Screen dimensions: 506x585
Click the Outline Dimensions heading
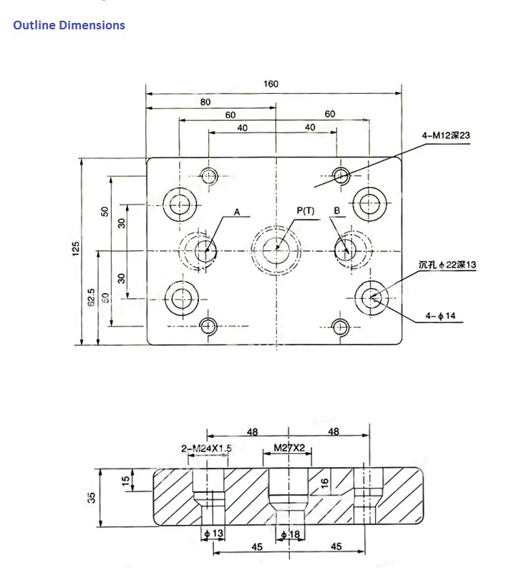tap(69, 25)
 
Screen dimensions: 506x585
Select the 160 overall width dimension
tap(271, 84)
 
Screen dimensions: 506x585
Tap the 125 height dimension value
tap(76, 249)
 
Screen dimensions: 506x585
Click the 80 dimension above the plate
tap(205, 102)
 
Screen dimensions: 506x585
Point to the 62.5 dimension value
tap(91, 298)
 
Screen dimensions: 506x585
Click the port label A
tap(237, 212)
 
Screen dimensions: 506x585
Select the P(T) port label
tap(306, 211)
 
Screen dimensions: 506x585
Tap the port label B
tap(337, 211)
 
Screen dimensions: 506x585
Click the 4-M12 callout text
tap(446, 135)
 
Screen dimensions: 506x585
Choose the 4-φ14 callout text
tap(441, 316)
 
